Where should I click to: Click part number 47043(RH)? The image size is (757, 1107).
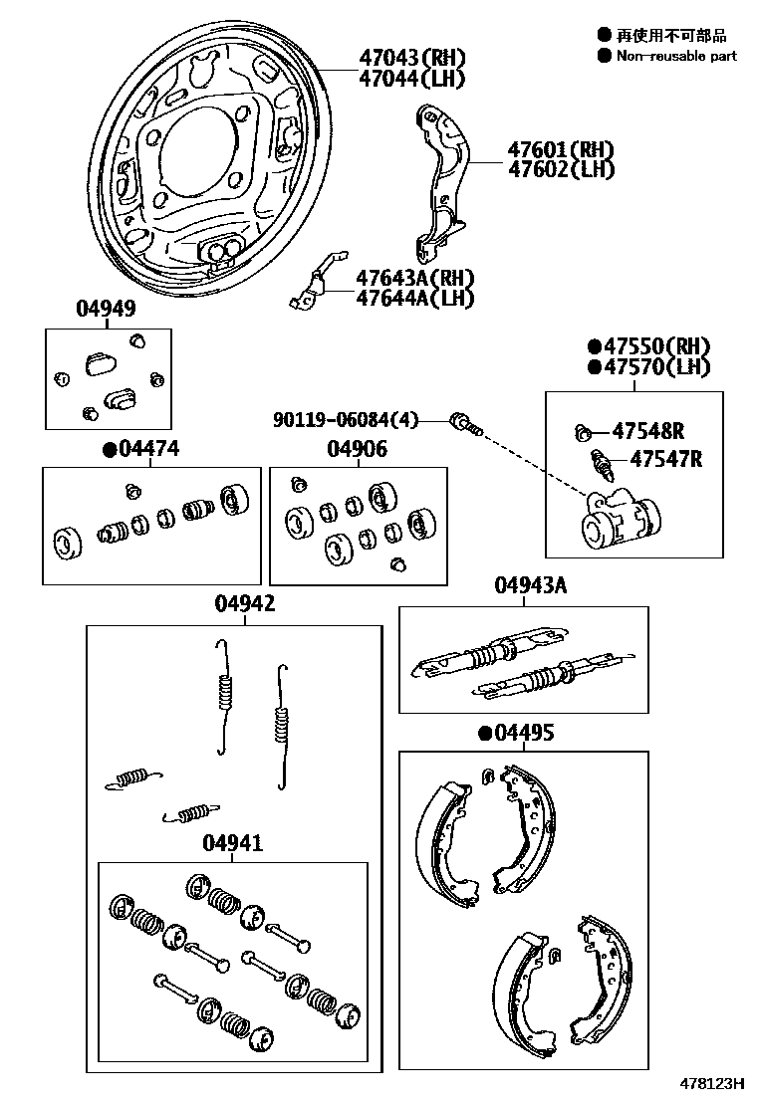[408, 57]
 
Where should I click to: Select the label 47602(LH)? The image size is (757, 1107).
[561, 169]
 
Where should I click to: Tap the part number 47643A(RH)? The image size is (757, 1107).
[415, 278]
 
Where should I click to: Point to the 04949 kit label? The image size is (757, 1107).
[106, 310]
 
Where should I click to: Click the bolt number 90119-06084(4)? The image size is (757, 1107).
[345, 421]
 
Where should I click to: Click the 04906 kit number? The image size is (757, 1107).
[358, 450]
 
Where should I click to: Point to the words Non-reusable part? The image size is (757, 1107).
[676, 56]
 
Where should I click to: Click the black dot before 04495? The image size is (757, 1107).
[485, 734]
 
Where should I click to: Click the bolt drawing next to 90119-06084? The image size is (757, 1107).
[466, 424]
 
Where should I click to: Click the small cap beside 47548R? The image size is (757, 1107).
[585, 432]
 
